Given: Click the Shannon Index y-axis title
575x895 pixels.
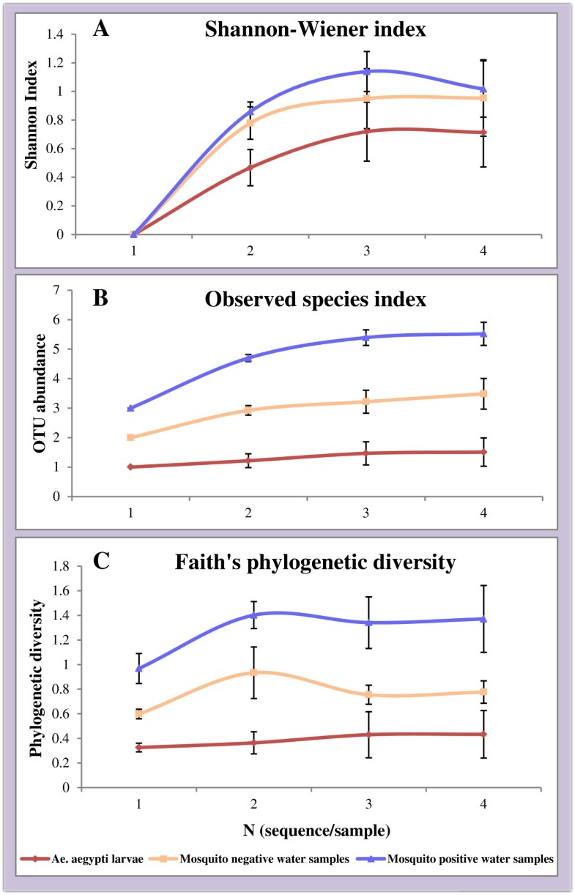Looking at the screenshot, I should click(x=32, y=134).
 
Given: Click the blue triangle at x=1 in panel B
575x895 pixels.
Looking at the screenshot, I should click(x=130, y=408).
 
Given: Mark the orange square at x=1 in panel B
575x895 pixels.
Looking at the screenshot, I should click(x=130, y=437).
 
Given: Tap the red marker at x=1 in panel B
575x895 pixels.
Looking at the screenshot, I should click(x=130, y=467).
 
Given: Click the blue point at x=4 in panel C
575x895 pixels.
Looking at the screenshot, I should click(x=483, y=619).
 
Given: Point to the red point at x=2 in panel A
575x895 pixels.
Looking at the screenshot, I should click(x=250, y=168).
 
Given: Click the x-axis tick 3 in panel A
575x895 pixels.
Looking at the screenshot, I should click(x=366, y=250).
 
